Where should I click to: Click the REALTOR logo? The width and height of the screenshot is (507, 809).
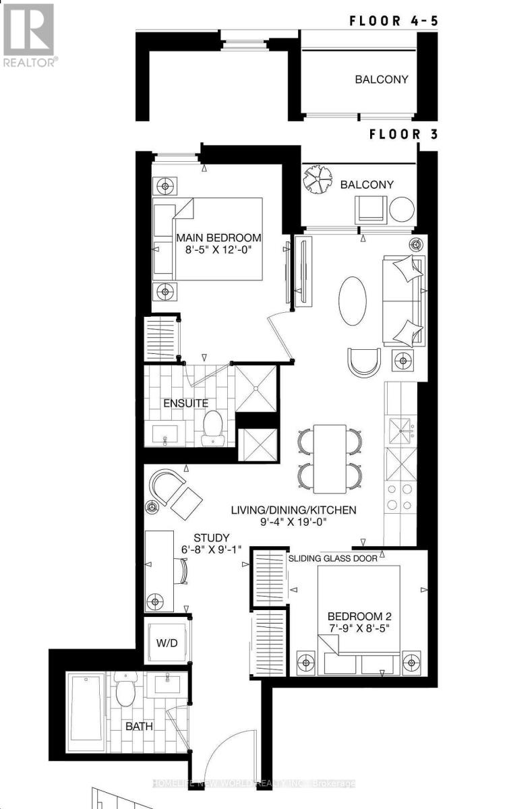click(28, 35)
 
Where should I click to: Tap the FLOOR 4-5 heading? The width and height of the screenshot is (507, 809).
click(394, 20)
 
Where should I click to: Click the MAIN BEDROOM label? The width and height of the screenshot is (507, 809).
click(218, 238)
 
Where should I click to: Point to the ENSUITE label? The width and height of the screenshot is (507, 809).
click(186, 403)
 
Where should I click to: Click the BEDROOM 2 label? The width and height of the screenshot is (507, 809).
click(359, 616)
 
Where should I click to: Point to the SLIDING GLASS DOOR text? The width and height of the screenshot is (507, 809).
click(332, 558)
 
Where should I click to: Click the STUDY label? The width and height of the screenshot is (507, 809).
click(207, 537)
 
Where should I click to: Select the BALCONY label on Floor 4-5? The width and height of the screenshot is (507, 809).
click(382, 79)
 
